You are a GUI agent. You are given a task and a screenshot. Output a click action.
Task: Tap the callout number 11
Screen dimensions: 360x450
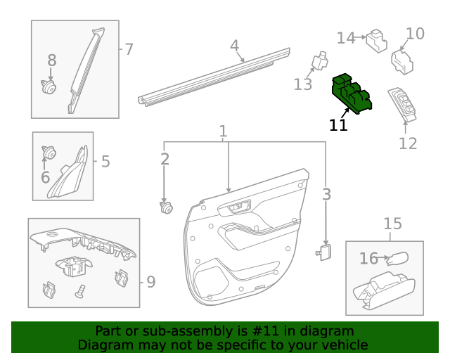(x=338, y=125)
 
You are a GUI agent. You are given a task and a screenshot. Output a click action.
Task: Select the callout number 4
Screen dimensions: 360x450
(x=235, y=46)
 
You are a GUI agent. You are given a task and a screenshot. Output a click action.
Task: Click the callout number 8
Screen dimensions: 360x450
(x=51, y=61)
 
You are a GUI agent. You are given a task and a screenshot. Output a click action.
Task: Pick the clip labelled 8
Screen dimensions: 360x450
(x=49, y=87)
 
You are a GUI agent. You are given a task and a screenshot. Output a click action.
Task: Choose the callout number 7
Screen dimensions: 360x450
(x=129, y=49)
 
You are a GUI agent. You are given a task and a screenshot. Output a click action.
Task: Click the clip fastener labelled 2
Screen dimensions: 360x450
(x=166, y=207)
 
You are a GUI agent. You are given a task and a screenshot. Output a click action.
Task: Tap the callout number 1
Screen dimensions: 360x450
(x=223, y=131)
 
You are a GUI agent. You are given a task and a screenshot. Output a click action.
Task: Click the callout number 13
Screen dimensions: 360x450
(x=302, y=85)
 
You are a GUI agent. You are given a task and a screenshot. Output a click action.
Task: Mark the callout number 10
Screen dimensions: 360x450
(x=416, y=33)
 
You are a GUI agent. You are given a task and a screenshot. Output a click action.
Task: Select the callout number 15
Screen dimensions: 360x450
(x=392, y=224)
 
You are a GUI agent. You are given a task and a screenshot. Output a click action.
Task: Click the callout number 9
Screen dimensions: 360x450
(x=150, y=282)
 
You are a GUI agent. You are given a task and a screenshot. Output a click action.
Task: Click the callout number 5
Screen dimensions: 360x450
(x=105, y=162)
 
